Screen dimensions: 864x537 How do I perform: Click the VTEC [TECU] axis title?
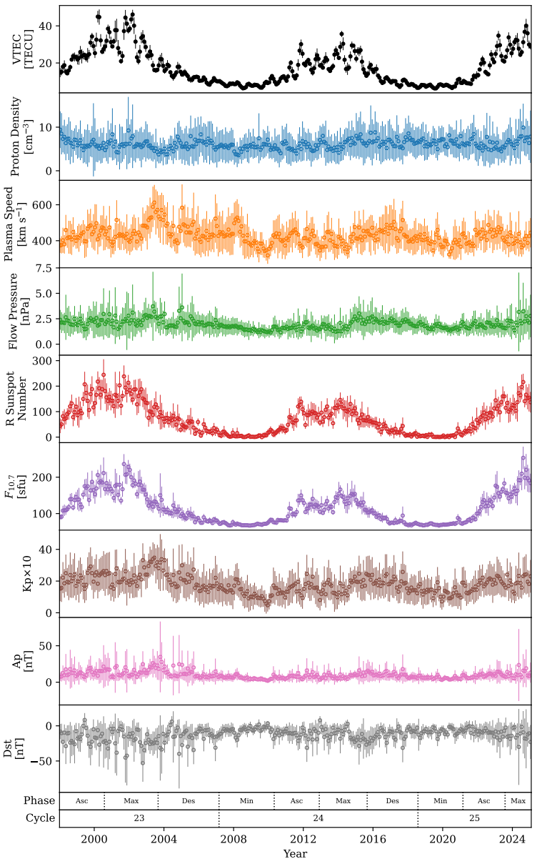pos(23,49)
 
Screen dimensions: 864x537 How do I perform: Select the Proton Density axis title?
pos(23,136)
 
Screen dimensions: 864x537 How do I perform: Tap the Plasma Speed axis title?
pos(23,224)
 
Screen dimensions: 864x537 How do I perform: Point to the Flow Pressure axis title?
pos(23,312)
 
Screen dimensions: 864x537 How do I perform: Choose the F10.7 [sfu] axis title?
pos(23,487)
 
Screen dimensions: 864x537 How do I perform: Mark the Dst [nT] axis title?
pos(23,748)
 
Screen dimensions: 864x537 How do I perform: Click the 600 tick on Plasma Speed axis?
pos(44,204)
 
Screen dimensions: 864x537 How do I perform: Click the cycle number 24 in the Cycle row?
pos(318,818)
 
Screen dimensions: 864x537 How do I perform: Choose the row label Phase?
pos(39,800)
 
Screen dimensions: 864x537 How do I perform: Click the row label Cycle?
pos(40,818)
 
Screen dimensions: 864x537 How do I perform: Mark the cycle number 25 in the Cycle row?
pos(475,818)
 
